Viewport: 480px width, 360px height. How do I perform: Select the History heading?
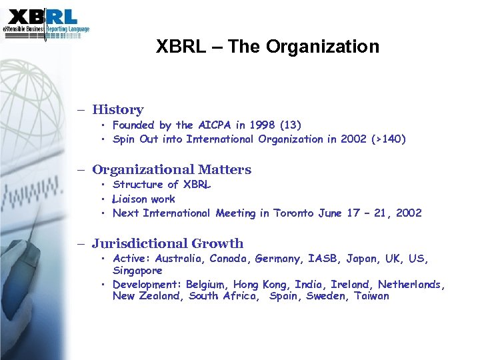click(x=118, y=110)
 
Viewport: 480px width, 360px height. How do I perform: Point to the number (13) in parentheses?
click(x=291, y=125)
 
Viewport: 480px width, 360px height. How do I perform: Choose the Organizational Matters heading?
click(x=171, y=170)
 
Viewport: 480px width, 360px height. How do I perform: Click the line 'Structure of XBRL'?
click(x=162, y=185)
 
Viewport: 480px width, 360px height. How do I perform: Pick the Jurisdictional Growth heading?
click(x=167, y=244)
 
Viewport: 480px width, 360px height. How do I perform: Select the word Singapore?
click(x=137, y=271)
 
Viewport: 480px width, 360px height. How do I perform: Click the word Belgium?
click(x=205, y=285)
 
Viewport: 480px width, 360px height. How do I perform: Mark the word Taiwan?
click(x=371, y=296)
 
